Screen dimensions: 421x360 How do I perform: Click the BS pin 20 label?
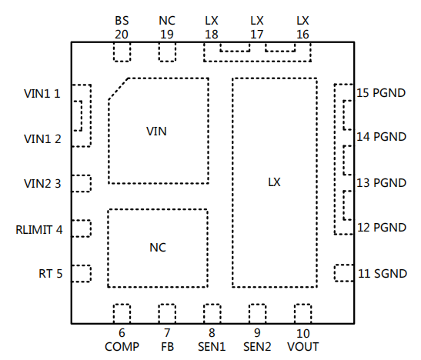(x=122, y=28)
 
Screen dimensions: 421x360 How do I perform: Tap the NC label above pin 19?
(x=167, y=21)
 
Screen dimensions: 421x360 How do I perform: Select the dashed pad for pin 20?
(x=122, y=52)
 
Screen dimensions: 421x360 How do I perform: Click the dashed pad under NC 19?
(x=167, y=52)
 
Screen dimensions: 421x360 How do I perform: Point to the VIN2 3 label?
(x=42, y=184)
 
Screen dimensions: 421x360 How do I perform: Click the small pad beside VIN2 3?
(x=82, y=184)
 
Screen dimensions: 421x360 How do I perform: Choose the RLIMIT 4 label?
(x=39, y=230)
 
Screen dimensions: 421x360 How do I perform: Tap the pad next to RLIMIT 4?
(x=82, y=228)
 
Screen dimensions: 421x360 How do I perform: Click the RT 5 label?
(x=51, y=274)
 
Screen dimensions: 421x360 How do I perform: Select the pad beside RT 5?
(x=82, y=274)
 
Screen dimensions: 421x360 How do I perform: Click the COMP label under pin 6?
(x=122, y=347)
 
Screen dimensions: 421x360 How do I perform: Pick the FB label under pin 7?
(x=167, y=347)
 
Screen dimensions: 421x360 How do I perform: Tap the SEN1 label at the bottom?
(x=212, y=347)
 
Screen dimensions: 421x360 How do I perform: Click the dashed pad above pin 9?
(x=258, y=314)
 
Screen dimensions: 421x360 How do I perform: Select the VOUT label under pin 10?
(x=303, y=347)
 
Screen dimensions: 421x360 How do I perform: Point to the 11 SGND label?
(x=383, y=274)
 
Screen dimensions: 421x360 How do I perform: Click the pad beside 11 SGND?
(x=344, y=273)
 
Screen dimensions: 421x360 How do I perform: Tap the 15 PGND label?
(x=381, y=93)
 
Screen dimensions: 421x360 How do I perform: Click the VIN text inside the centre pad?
(x=156, y=132)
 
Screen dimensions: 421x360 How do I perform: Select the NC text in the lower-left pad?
(x=158, y=248)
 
